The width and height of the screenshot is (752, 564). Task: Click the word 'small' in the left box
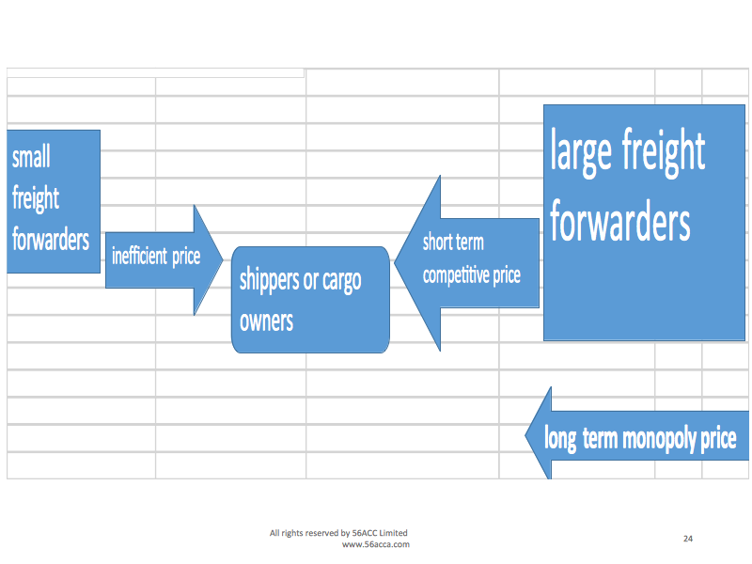(x=31, y=157)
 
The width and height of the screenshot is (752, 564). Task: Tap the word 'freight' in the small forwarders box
(x=36, y=198)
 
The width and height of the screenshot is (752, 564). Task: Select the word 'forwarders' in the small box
(x=51, y=239)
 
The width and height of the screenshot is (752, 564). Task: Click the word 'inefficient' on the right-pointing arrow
(x=139, y=256)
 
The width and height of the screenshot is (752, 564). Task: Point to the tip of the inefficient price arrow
(x=223, y=260)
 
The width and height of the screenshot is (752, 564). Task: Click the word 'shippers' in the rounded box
(x=270, y=280)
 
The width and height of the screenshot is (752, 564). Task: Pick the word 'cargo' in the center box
(x=342, y=280)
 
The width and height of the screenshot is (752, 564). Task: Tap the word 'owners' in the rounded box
(x=266, y=321)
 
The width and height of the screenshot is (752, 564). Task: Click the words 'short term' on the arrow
(x=453, y=243)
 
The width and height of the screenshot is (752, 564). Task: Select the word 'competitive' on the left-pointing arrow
(x=456, y=275)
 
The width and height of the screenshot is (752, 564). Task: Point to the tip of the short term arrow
(x=394, y=263)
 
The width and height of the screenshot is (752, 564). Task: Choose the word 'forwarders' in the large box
(x=620, y=222)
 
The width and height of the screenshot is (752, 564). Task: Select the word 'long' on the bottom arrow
(x=560, y=438)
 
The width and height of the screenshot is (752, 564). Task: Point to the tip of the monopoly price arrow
(x=525, y=436)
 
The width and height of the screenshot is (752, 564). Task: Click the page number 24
(x=688, y=539)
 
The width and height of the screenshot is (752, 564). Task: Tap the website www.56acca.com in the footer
(x=375, y=544)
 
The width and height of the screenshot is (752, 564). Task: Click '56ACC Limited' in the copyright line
(x=380, y=533)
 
